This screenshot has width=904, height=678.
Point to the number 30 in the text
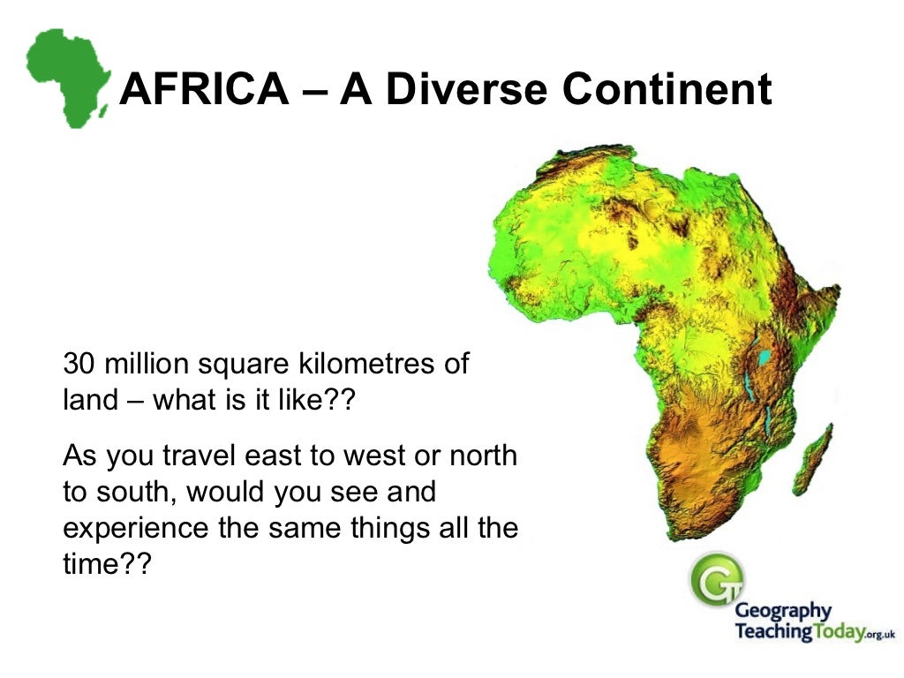click(x=78, y=365)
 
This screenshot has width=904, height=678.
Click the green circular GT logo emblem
click(x=716, y=578)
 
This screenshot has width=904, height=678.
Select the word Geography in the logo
click(x=783, y=611)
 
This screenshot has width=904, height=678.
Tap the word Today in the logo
click(x=831, y=632)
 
